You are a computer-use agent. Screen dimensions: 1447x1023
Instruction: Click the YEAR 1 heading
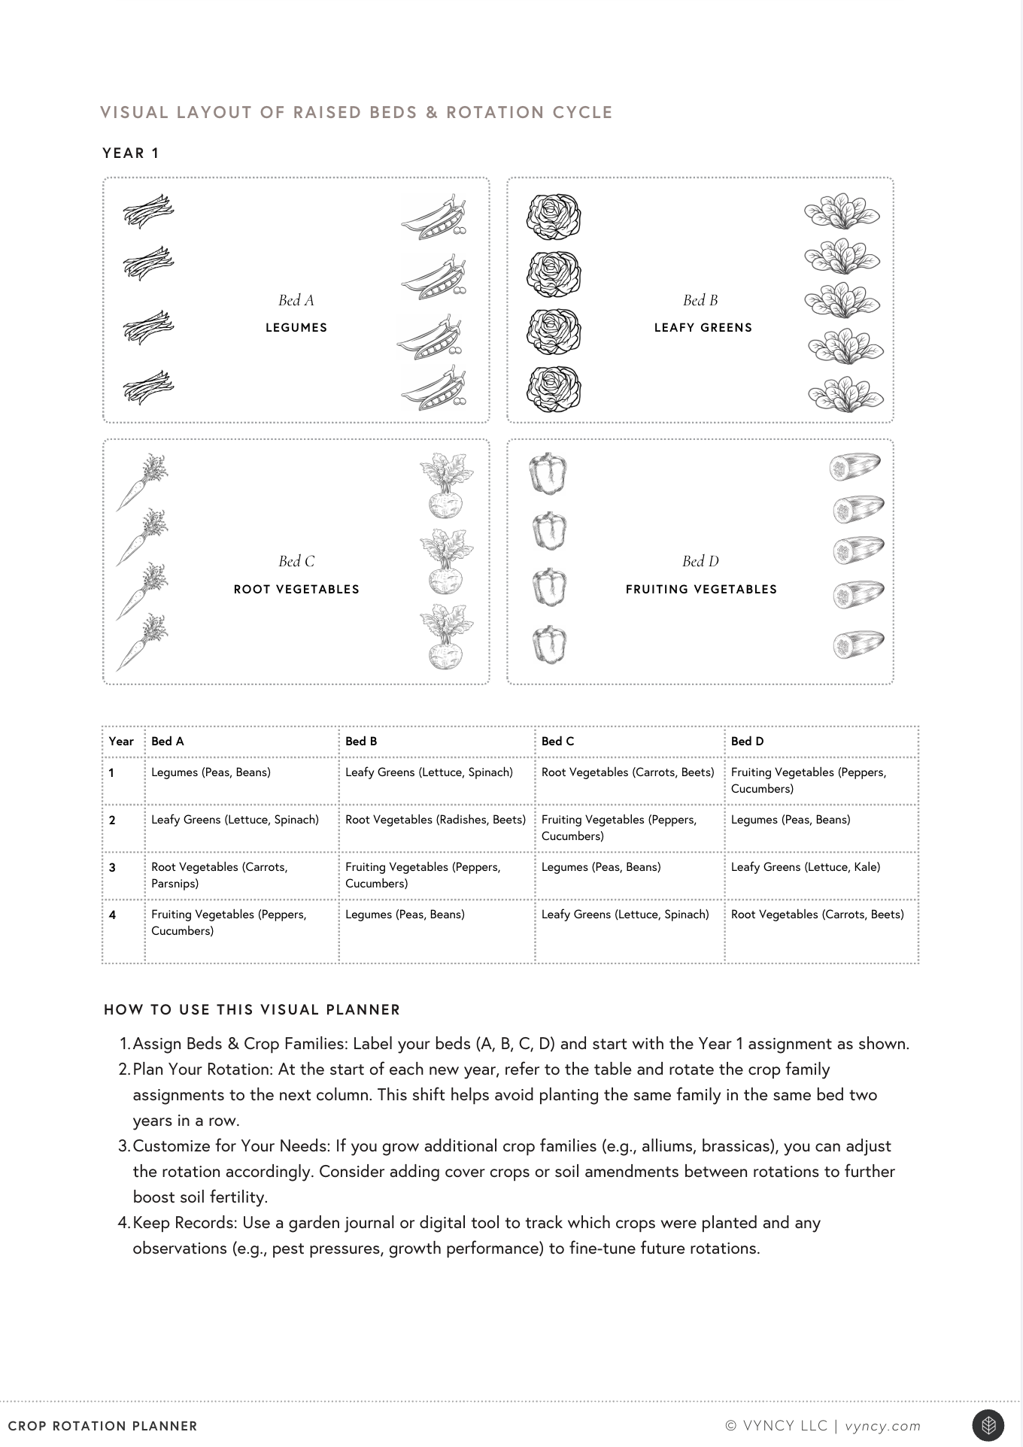(131, 153)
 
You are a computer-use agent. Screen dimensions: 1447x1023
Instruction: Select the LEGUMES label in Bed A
(296, 328)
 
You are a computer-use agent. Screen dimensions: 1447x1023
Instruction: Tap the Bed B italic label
(700, 300)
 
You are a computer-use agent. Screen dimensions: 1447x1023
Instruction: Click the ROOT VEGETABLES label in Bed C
(296, 590)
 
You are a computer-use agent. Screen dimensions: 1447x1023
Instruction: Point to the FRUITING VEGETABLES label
(701, 590)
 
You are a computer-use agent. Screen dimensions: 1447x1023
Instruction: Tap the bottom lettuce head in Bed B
(554, 389)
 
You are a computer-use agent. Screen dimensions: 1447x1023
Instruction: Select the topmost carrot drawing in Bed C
(142, 481)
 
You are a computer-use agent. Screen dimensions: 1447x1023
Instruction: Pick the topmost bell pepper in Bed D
(548, 474)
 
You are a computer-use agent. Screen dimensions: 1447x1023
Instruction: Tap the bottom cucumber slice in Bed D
(858, 645)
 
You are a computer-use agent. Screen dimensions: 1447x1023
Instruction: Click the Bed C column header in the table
(557, 742)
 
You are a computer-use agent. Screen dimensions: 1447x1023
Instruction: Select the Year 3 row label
(113, 868)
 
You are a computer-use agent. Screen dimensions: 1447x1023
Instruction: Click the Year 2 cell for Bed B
(436, 820)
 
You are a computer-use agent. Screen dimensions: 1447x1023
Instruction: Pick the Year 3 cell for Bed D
(805, 867)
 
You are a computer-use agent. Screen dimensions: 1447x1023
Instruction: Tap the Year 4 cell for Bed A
(229, 923)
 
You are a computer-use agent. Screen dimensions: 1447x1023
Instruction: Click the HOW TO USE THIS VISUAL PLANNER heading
(252, 1010)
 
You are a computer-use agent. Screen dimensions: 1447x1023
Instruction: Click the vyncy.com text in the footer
(882, 1426)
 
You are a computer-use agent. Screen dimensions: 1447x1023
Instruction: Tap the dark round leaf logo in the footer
(988, 1425)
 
